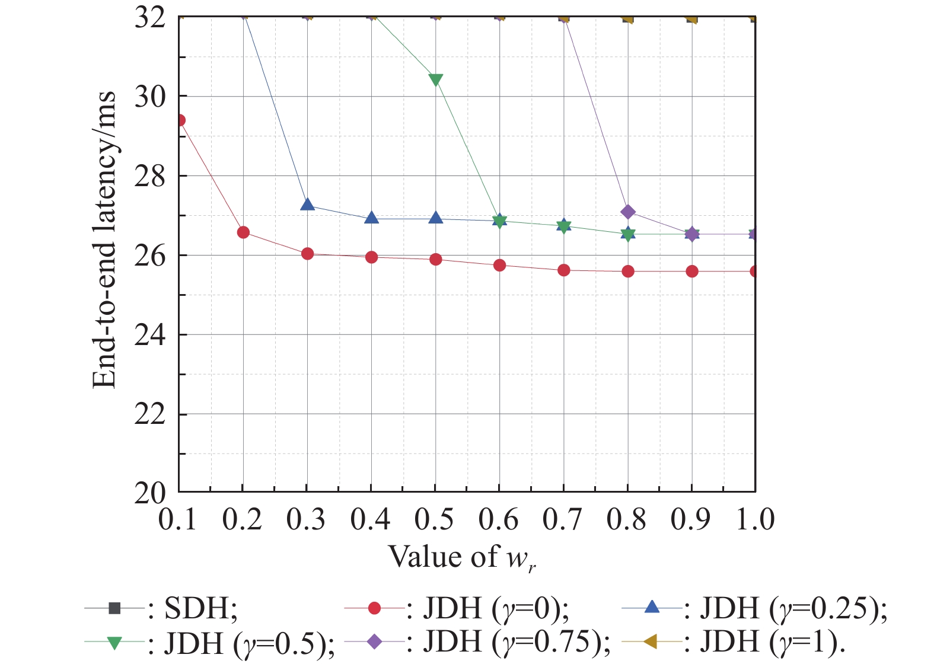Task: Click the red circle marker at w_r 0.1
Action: [180, 120]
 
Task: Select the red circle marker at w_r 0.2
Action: [243, 232]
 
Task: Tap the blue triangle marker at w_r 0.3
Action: [307, 205]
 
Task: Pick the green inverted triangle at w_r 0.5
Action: [435, 80]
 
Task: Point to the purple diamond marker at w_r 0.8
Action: [627, 212]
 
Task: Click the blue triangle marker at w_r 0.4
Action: [371, 218]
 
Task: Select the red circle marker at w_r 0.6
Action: [499, 265]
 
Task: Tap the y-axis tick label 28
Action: [149, 176]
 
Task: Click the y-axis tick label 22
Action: [149, 414]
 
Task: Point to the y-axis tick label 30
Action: [149, 97]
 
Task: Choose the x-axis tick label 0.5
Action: [434, 519]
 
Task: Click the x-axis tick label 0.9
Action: [690, 519]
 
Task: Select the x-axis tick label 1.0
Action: [755, 519]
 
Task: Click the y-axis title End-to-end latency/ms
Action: [104, 240]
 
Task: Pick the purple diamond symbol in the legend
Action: [375, 641]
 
